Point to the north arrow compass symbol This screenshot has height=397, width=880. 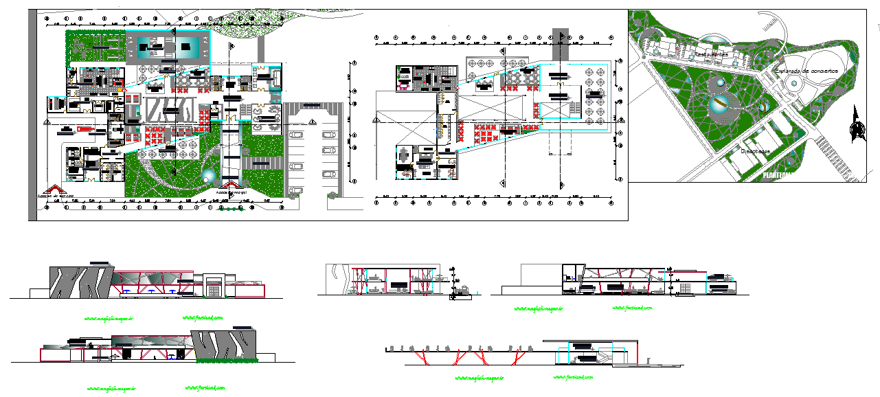(x=856, y=126)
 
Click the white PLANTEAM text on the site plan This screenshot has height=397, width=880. (x=778, y=176)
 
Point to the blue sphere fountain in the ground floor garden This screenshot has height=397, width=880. (x=207, y=177)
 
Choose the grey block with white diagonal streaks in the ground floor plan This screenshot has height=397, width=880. (x=166, y=110)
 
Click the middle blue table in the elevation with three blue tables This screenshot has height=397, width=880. (x=149, y=291)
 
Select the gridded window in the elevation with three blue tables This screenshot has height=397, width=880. (x=214, y=292)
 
